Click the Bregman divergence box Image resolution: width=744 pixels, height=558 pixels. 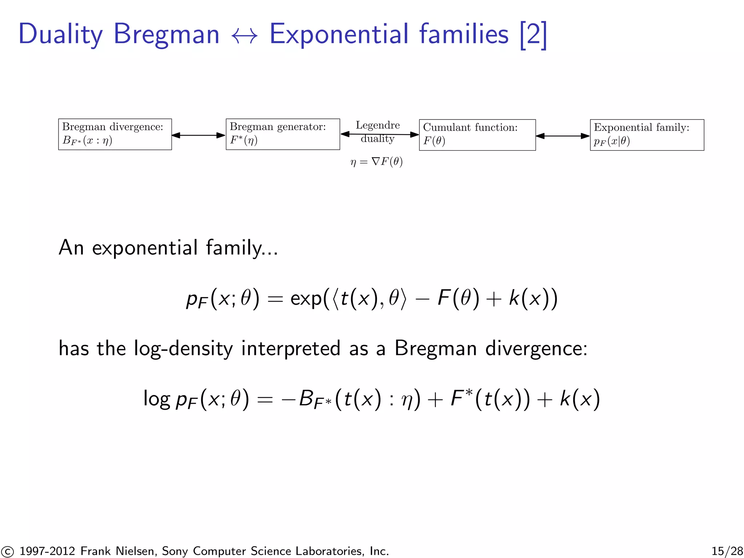(x=115, y=134)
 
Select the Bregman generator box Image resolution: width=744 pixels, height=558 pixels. (x=283, y=134)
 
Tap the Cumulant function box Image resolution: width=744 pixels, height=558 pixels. (x=477, y=135)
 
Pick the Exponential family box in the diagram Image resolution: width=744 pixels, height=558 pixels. (x=647, y=135)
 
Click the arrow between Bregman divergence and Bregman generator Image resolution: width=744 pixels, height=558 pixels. (x=198, y=135)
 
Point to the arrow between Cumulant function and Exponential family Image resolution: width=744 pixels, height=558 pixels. (x=562, y=136)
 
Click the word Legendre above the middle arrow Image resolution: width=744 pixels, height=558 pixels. (x=377, y=125)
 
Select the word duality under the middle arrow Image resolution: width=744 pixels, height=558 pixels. (x=377, y=139)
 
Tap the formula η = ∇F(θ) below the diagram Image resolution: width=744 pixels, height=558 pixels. (x=376, y=162)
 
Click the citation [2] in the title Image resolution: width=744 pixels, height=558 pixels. (x=533, y=35)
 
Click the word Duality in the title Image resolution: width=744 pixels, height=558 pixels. (x=61, y=35)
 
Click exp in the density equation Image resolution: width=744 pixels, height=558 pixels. (x=306, y=299)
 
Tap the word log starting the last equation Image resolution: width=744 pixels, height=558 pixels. (x=157, y=399)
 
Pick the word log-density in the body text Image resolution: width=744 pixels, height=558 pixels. (x=183, y=349)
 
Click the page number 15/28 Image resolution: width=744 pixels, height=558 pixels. (x=727, y=551)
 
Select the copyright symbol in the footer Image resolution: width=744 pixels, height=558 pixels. (x=7, y=551)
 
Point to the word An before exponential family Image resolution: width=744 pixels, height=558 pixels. (x=72, y=248)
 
